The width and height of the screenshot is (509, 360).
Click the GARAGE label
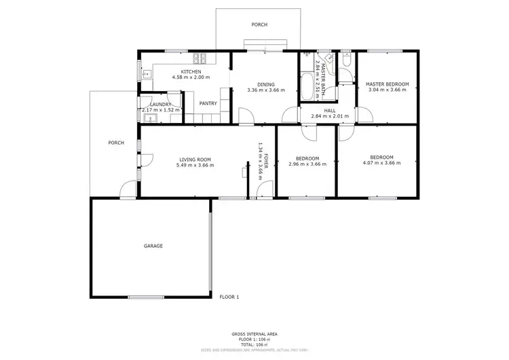[x=153, y=245]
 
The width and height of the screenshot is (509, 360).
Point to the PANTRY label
[x=208, y=103]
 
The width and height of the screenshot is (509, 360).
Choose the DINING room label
[x=266, y=84]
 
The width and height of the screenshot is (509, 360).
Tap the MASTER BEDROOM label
[x=387, y=84]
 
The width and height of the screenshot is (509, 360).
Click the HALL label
[x=330, y=110]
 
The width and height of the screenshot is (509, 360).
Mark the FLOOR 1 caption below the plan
[x=229, y=297]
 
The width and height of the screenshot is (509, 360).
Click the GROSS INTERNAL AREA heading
[x=254, y=334]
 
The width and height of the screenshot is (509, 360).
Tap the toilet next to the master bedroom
[x=345, y=63]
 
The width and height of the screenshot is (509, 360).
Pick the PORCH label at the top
[x=259, y=24]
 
